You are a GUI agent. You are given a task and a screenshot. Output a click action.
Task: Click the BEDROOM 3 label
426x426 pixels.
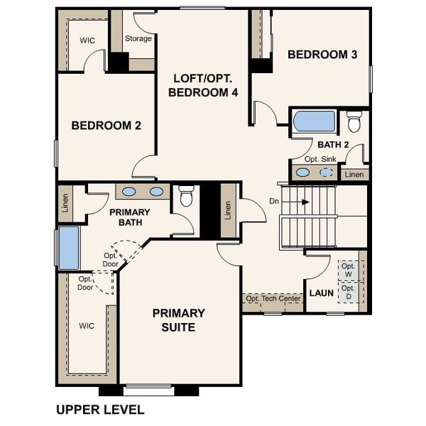pos(322,55)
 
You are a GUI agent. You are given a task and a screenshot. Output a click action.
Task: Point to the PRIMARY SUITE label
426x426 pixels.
pos(179,319)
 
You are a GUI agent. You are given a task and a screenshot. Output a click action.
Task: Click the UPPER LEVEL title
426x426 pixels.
pos(99,410)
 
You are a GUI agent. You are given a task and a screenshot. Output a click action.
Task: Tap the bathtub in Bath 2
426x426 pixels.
pos(314,121)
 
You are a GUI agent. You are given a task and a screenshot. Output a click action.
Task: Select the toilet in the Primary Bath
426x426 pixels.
pos(187,195)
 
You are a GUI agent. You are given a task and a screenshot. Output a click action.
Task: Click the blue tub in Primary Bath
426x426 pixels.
pos(69,248)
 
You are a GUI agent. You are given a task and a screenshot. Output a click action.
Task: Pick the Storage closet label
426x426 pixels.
pos(138,38)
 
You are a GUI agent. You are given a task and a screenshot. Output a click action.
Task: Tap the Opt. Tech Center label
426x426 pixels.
pos(273,300)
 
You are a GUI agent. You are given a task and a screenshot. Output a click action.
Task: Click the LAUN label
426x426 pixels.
pos(321,293)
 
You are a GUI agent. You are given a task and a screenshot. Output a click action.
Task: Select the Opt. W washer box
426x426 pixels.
pos(348,270)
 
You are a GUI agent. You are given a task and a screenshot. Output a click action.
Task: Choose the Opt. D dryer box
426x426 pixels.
pos(348,293)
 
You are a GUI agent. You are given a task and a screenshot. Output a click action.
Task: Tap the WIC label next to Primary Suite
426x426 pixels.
pos(86,326)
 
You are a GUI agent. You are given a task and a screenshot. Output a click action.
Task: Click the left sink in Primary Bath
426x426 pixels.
pos(129,191)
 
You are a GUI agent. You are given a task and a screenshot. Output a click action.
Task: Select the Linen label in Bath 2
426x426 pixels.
pos(354,173)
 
